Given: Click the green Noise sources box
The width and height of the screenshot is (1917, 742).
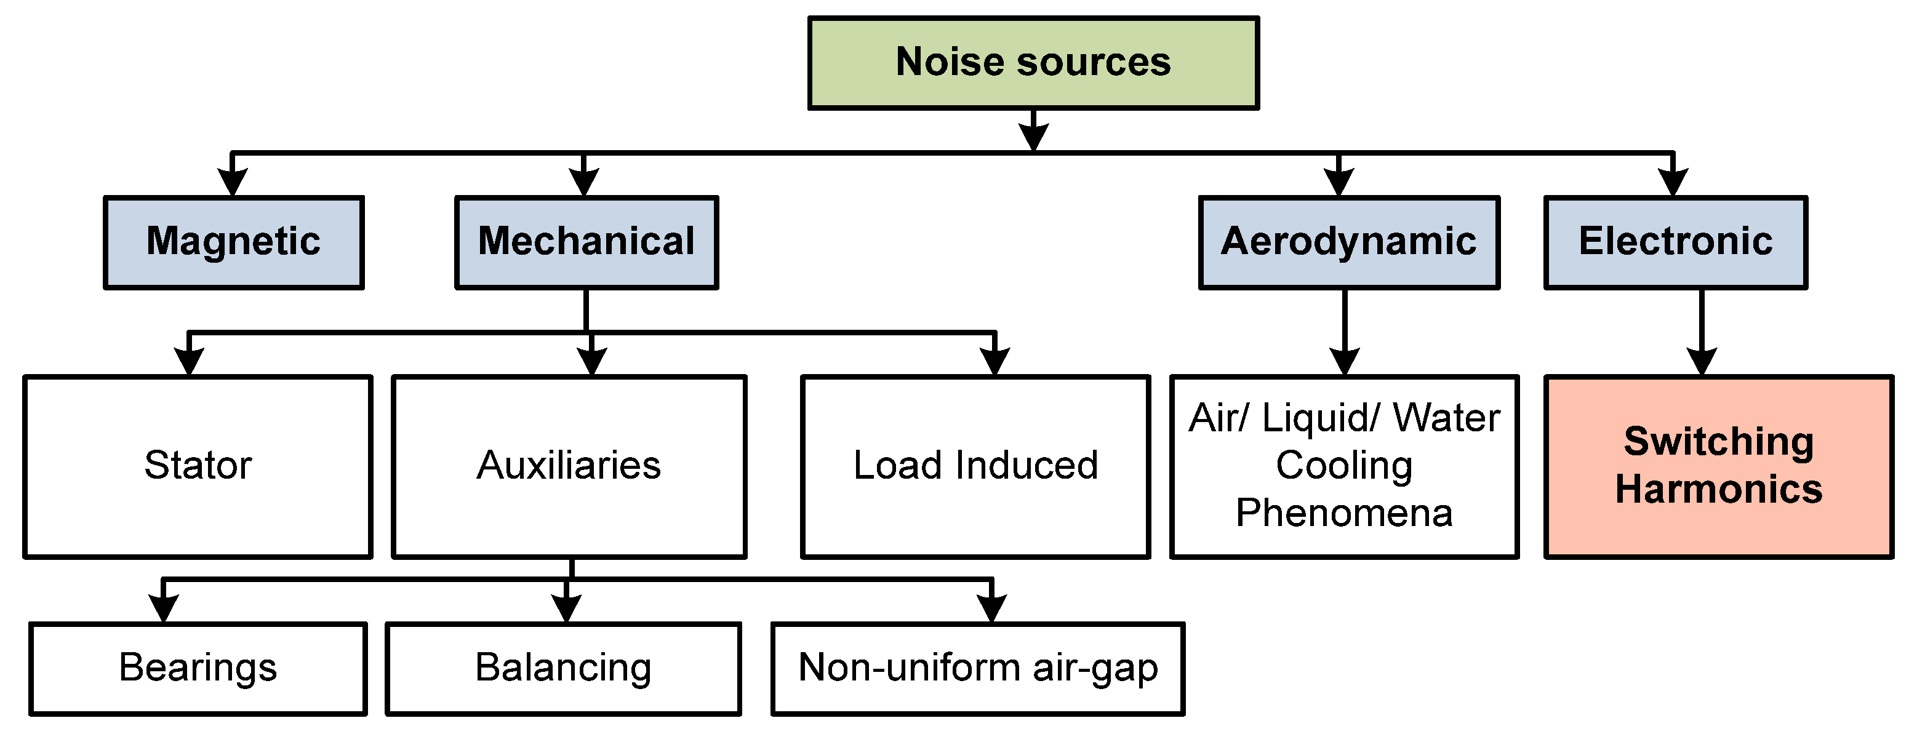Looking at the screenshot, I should [x=1033, y=63].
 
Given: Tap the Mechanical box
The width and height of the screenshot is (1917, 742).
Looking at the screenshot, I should [x=586, y=242].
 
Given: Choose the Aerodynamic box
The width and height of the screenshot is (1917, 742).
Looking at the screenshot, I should [x=1348, y=242].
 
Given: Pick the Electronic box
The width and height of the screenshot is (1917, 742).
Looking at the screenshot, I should [x=1675, y=242].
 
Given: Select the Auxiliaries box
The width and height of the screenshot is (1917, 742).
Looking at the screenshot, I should [x=569, y=466].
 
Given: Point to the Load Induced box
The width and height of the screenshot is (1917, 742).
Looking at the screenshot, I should [x=975, y=466].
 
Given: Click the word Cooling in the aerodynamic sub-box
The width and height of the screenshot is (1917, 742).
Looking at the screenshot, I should [x=1344, y=466].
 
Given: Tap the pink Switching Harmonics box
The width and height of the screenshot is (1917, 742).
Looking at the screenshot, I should [x=1718, y=466].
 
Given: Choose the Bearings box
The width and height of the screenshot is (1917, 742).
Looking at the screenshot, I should [x=198, y=668].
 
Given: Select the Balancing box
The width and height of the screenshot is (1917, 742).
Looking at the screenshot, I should [x=563, y=668].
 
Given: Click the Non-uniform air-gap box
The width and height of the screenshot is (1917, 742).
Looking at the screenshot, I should [x=977, y=668].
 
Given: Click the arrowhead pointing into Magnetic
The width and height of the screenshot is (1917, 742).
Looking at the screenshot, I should [x=232, y=182].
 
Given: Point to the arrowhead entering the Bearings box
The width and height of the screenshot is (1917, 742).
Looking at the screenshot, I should [x=164, y=608].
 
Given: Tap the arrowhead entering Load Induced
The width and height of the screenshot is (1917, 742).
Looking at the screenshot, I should [x=995, y=361].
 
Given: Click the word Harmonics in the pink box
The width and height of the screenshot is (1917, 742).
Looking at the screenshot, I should [x=1718, y=490].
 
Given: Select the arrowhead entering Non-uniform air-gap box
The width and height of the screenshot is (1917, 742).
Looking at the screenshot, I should [x=991, y=608].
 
